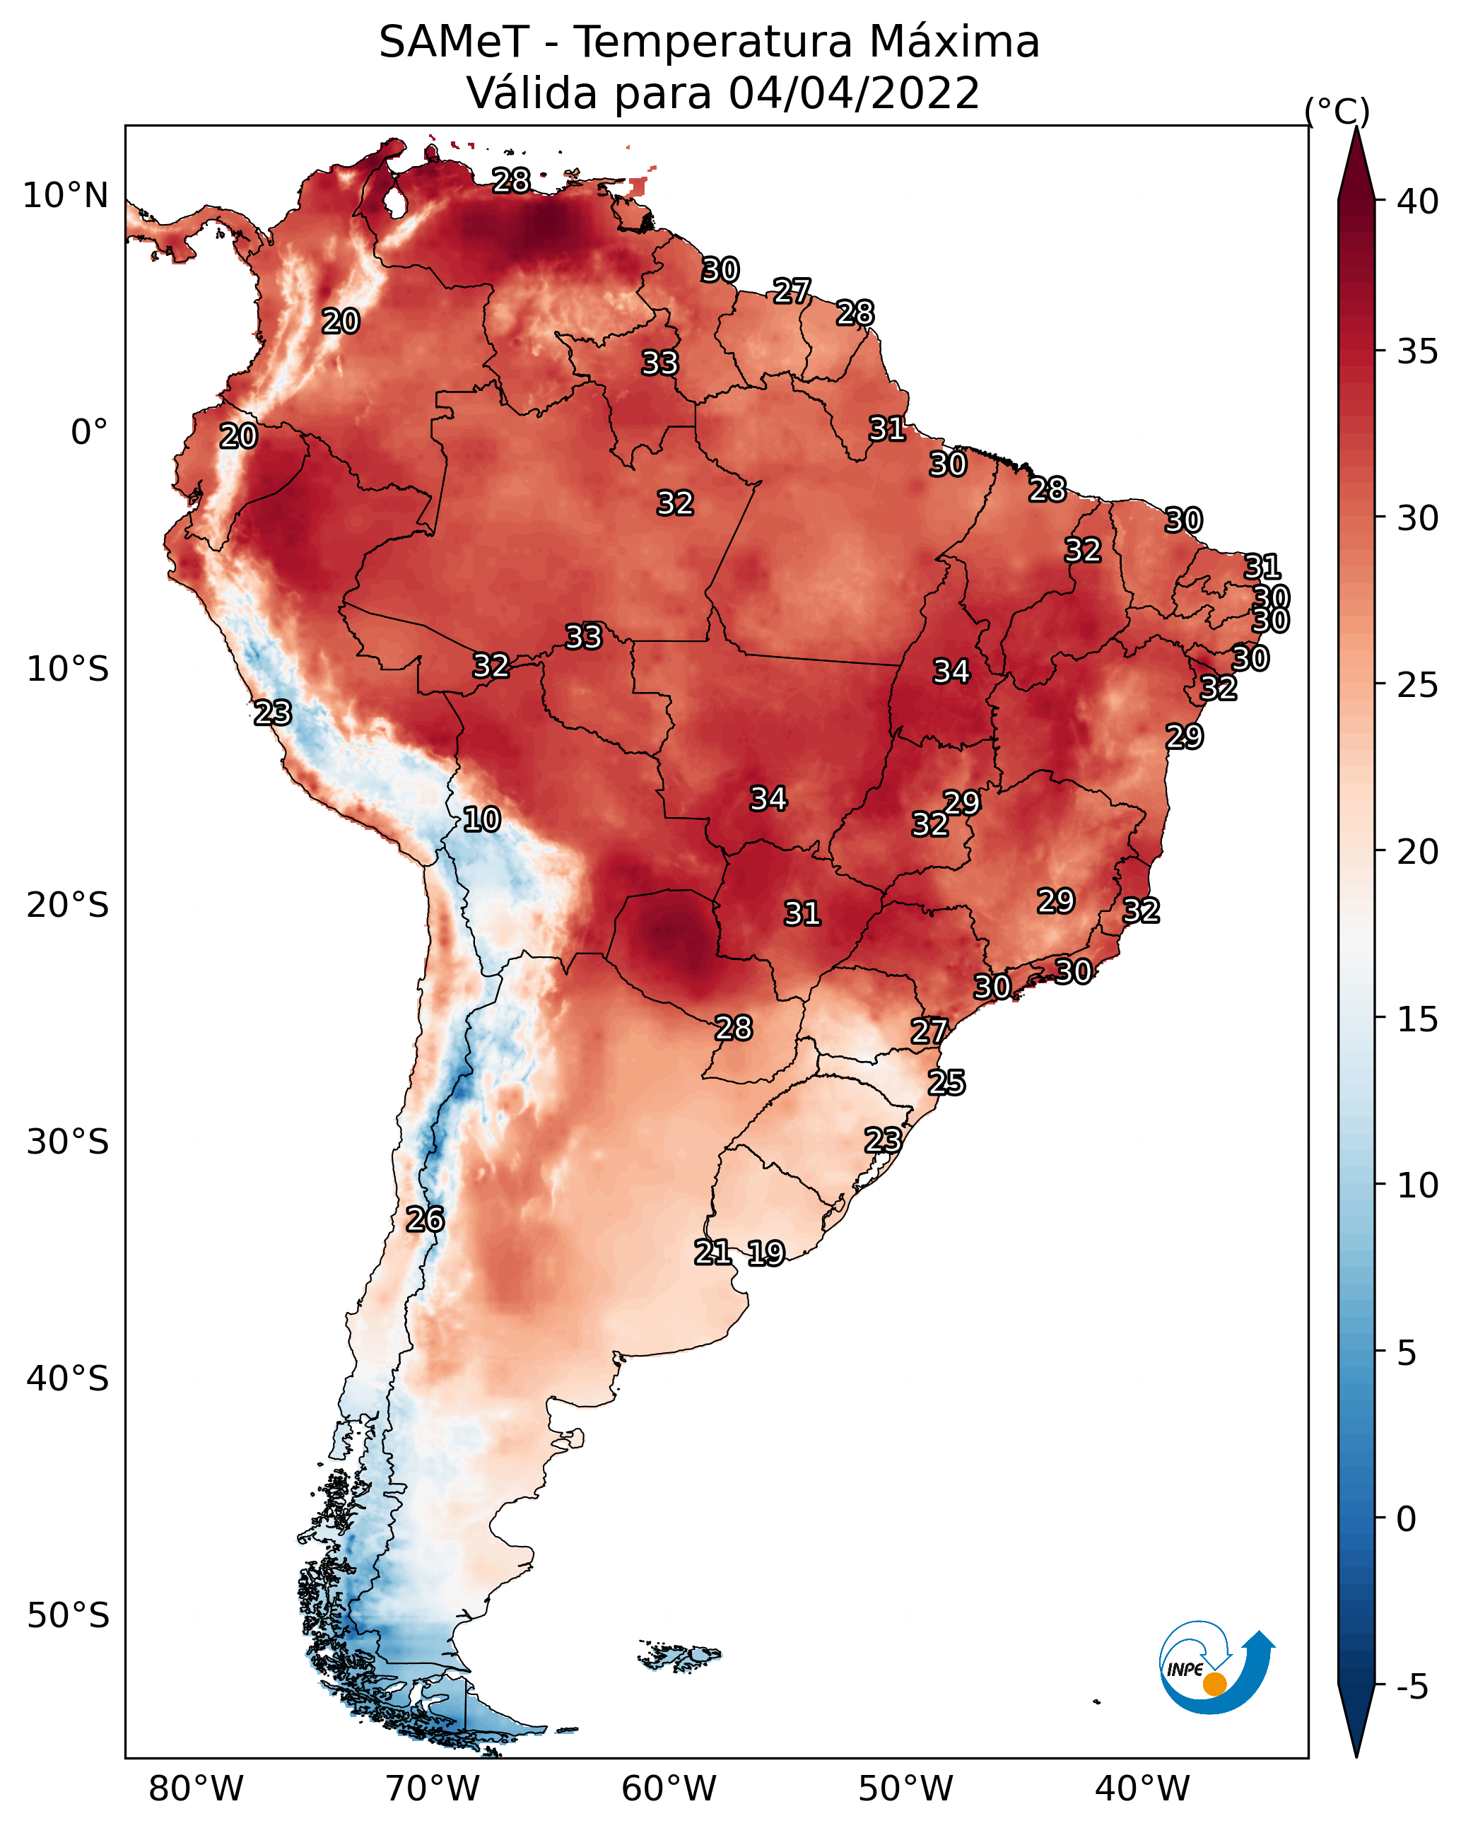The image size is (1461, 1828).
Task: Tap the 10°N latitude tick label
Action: point(65,196)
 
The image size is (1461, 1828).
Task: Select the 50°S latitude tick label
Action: point(68,1615)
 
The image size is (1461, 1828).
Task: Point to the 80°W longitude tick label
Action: point(196,1788)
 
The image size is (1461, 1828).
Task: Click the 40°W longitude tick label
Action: point(1142,1788)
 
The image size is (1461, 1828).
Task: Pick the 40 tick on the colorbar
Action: point(1417,201)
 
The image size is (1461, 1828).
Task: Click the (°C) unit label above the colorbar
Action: point(1337,111)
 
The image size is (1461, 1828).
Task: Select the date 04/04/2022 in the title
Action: point(854,93)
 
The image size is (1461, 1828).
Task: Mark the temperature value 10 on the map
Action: point(481,819)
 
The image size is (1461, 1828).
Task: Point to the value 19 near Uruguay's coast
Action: point(765,1253)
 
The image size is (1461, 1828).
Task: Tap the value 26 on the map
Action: point(425,1219)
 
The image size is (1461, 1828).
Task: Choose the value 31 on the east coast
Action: point(1262,566)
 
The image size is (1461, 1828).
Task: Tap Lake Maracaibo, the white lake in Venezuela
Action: point(394,201)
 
